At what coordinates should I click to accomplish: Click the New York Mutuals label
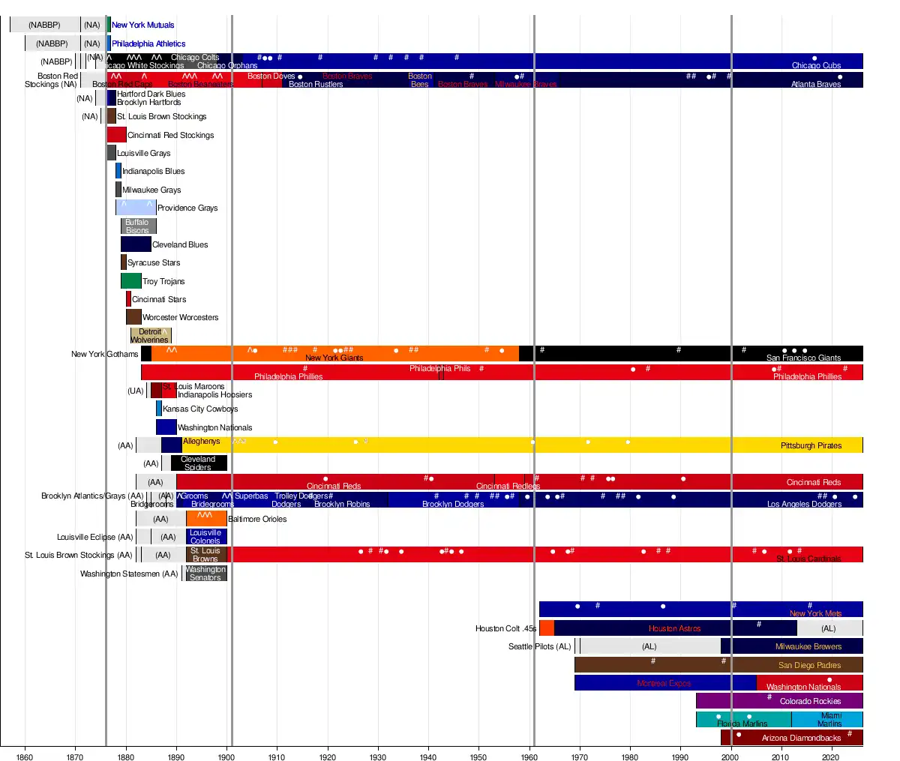tap(143, 25)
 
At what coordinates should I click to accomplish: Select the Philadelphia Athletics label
tap(148, 43)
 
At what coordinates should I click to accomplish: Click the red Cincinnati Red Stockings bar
tap(116, 135)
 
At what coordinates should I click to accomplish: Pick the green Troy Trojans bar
tap(130, 281)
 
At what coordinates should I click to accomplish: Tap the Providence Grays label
tap(187, 208)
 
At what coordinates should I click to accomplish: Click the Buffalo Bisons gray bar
tap(138, 226)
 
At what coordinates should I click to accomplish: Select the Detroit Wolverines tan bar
tap(151, 336)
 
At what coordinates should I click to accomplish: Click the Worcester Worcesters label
tap(180, 317)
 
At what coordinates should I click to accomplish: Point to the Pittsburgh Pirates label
tap(811, 445)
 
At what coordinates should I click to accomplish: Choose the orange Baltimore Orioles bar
tap(206, 519)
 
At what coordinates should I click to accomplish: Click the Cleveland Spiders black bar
tap(199, 463)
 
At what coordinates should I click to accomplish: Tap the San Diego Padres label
tap(809, 665)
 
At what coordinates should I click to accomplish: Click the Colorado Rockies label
tap(810, 701)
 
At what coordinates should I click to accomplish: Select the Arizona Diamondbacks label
tap(801, 738)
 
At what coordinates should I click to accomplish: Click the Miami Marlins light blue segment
tap(826, 720)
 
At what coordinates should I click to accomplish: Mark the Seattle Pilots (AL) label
tap(539, 646)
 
